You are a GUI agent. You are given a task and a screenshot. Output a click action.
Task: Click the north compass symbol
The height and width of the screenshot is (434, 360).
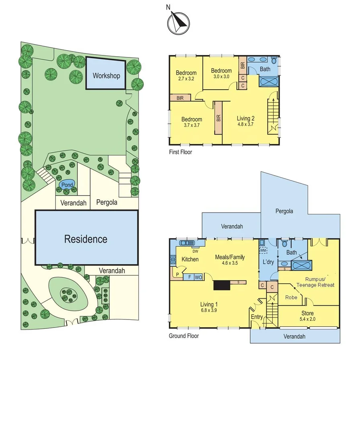pyautogui.click(x=178, y=22)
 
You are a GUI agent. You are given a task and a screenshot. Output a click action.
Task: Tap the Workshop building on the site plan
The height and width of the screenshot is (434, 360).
pyautogui.click(x=106, y=75)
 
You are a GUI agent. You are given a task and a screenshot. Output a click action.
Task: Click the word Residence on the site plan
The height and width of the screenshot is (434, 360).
pyautogui.click(x=86, y=240)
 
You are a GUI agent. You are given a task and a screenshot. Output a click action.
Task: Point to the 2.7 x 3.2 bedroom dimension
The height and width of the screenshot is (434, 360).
pyautogui.click(x=186, y=79)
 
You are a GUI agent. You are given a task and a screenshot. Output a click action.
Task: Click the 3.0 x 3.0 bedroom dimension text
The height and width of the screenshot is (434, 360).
pyautogui.click(x=221, y=76)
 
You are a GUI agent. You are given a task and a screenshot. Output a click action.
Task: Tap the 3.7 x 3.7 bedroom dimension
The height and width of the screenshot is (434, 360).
pyautogui.click(x=191, y=125)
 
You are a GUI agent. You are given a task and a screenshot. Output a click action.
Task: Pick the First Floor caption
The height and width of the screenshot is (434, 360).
pyautogui.click(x=180, y=152)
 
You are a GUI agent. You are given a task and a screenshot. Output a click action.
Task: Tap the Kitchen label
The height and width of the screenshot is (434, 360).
pyautogui.click(x=190, y=259)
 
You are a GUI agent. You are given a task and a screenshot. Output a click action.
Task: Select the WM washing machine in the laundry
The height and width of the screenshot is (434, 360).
pyautogui.click(x=264, y=251)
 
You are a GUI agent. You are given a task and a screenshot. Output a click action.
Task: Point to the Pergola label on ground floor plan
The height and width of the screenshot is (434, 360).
pyautogui.click(x=284, y=211)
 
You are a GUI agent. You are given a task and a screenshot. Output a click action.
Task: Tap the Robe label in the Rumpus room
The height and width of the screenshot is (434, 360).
pyautogui.click(x=291, y=298)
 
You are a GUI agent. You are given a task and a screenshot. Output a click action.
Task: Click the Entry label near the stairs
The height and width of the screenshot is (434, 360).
pyautogui.click(x=257, y=317)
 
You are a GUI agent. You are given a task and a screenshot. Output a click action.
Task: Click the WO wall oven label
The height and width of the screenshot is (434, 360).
pyautogui.click(x=198, y=277)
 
